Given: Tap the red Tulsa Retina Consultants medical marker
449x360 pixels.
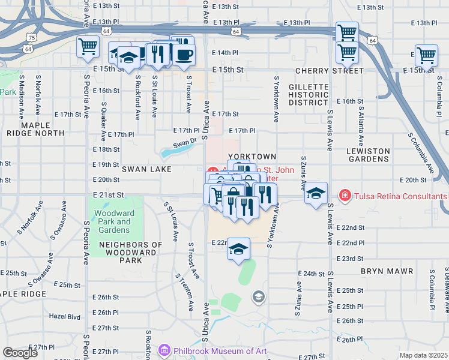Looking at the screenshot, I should (x=345, y=196).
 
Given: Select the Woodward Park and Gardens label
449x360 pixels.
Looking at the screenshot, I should (x=115, y=221).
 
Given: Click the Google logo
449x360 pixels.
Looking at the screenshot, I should (x=20, y=353).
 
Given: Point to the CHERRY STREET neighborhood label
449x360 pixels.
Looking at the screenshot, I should (x=330, y=71).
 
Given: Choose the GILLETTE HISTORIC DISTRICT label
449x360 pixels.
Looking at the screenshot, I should (x=309, y=95).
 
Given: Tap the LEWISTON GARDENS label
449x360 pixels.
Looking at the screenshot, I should (x=369, y=155).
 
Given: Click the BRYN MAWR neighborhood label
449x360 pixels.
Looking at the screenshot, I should (x=387, y=271).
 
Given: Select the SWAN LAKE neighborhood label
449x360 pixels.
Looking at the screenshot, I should (x=146, y=170).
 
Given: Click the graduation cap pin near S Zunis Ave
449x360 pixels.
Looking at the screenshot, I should (x=316, y=193).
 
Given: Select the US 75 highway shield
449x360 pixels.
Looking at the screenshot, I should (x=31, y=37).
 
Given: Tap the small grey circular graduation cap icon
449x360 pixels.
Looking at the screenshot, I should (x=258, y=296).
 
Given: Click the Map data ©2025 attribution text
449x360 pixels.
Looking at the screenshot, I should (x=424, y=355).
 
